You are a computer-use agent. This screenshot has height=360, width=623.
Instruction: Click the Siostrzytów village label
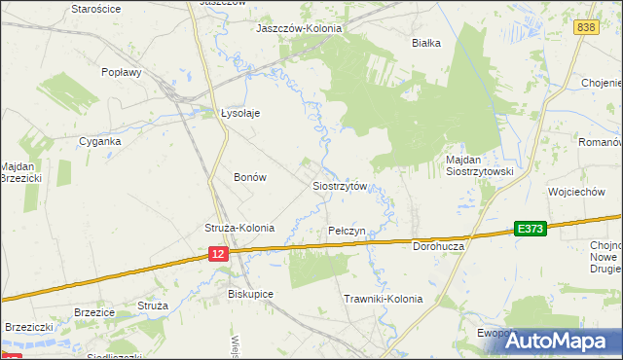[x=339, y=185]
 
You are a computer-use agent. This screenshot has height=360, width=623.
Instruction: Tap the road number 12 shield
[x=218, y=253]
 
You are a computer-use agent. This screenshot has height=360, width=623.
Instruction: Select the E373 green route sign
[x=531, y=229]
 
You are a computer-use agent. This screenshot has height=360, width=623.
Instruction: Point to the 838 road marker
[x=585, y=28]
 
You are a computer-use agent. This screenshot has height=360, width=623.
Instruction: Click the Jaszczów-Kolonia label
[x=299, y=28]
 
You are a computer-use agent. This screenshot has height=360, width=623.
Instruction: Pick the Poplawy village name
[x=123, y=71]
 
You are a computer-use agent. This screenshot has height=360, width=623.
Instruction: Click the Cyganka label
[x=100, y=141]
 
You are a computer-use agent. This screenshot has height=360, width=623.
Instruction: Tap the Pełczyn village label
[x=347, y=231]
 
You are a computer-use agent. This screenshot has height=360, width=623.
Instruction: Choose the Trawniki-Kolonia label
[x=384, y=299]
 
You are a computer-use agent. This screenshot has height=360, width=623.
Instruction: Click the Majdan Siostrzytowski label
[x=479, y=164]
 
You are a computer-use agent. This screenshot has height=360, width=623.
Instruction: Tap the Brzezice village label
[x=94, y=312]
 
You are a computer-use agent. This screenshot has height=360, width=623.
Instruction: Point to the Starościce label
[x=95, y=8]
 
